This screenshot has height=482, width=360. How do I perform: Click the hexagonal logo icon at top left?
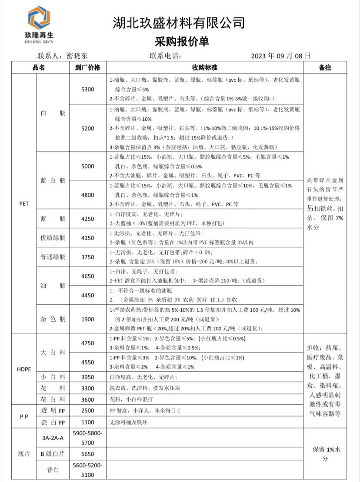(39, 18)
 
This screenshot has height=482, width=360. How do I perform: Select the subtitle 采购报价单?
(182, 42)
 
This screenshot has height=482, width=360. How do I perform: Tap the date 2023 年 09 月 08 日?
(281, 56)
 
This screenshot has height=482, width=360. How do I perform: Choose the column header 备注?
(325, 68)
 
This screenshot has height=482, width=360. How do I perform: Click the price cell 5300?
(87, 90)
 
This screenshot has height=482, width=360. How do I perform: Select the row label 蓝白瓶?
(53, 180)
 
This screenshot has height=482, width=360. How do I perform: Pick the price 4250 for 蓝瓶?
(87, 219)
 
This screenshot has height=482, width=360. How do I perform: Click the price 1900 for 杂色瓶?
(87, 319)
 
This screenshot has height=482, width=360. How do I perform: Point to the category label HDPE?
(24, 369)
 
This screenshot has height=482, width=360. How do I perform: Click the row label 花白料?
(53, 399)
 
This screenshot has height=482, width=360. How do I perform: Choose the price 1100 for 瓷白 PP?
(87, 422)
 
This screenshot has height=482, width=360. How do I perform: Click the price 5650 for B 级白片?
(87, 454)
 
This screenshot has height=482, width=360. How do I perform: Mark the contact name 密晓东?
(77, 56)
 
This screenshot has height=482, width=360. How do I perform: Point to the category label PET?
(24, 203)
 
